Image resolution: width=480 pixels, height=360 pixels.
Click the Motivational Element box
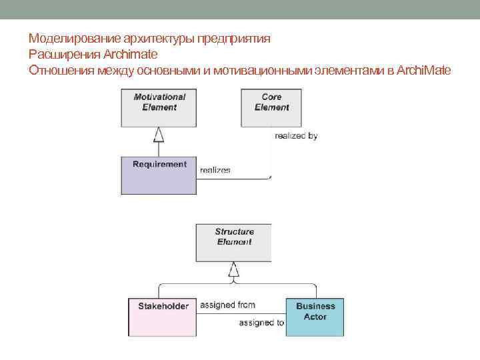click(x=159, y=107)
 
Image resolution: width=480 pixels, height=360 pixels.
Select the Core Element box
click(x=271, y=107)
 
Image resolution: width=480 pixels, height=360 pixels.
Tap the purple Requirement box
click(x=159, y=175)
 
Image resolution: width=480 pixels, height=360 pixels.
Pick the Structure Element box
click(x=233, y=242)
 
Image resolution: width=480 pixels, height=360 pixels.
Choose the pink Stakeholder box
click(x=162, y=317)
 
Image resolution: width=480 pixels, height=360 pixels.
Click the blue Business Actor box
click(x=315, y=317)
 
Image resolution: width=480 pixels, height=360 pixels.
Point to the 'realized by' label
click(x=296, y=136)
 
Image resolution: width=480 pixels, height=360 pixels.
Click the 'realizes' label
click(x=215, y=170)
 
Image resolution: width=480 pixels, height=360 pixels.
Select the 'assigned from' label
click(x=227, y=305)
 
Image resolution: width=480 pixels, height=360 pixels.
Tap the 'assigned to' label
click(x=261, y=323)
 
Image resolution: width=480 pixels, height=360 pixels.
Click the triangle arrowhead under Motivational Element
click(x=159, y=135)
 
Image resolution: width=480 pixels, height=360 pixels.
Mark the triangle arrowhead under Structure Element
click(x=233, y=270)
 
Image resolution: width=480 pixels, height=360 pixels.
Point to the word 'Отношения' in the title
click(x=58, y=70)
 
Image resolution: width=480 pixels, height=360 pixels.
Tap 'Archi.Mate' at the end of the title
click(x=423, y=70)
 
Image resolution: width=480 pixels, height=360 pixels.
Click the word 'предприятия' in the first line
click(x=237, y=39)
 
